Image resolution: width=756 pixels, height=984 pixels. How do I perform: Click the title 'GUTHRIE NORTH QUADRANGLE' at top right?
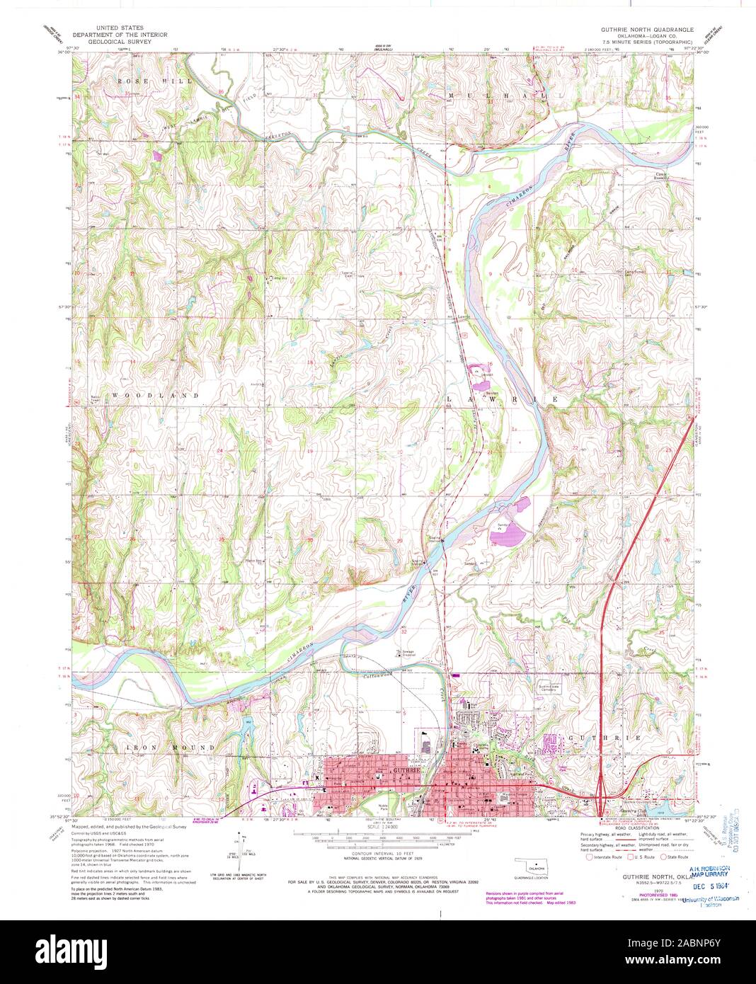647,30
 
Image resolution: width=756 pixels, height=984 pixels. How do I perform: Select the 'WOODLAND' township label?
155,395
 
